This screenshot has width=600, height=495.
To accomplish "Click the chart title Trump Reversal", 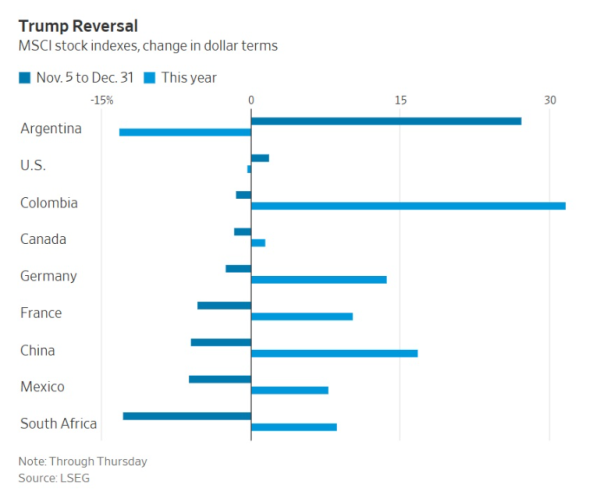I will [78, 25].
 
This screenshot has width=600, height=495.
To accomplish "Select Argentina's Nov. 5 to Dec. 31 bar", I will [386, 121].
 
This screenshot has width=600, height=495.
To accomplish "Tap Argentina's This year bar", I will [185, 132].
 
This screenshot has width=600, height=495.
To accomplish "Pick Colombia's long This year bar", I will [408, 206].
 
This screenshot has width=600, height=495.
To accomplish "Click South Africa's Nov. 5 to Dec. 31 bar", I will [187, 416].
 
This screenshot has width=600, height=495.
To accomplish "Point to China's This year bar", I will [334, 353].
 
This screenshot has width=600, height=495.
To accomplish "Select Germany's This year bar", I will [319, 279].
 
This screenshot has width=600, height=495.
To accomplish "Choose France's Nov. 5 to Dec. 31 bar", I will [224, 305].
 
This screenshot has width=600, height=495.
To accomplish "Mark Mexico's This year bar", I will [289, 390].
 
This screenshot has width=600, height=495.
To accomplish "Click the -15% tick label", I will [101, 100].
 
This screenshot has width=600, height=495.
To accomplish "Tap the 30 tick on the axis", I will [549, 100].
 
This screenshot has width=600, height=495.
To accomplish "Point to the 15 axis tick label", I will [400, 100].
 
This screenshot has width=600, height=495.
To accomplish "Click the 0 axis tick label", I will [251, 100].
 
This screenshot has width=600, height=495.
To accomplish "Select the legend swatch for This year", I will [149, 77].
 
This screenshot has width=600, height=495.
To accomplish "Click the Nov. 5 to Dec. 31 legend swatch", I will [24, 77].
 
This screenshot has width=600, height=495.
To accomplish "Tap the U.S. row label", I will [33, 165].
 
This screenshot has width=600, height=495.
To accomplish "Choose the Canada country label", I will [43, 239].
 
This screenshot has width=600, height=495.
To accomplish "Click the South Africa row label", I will [58, 423].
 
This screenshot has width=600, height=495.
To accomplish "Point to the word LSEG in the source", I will [74, 478].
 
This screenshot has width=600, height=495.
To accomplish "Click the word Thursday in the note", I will [118, 461].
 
